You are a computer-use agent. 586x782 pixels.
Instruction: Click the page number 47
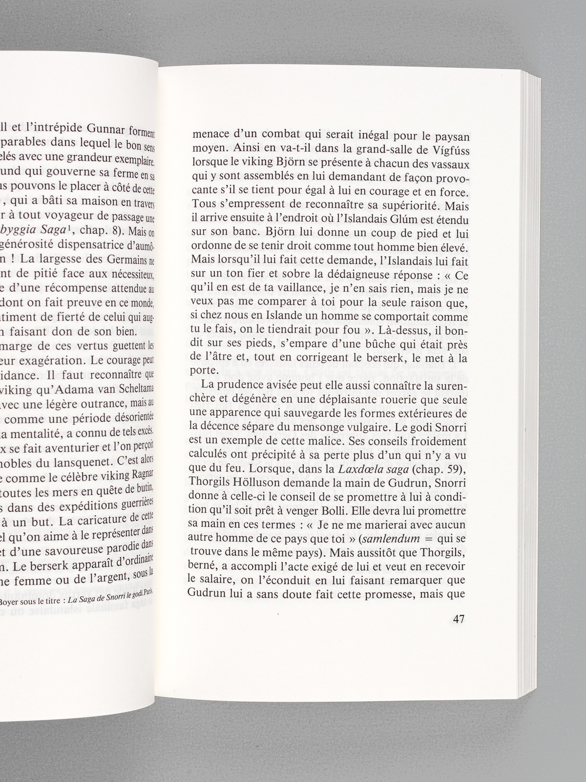tap(458, 619)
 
